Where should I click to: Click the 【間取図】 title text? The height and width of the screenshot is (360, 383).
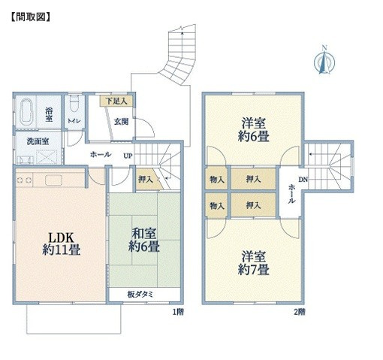29,14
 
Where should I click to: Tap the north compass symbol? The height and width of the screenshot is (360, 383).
324,62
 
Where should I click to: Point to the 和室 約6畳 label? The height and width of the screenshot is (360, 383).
143,240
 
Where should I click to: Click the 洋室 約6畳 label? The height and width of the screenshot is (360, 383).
254,129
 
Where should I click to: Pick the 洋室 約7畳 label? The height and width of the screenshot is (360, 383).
254,262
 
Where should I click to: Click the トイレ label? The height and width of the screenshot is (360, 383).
74,120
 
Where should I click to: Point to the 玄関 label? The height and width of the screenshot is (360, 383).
121,120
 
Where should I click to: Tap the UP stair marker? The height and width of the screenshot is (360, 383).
128,156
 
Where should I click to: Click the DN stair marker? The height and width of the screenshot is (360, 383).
303,180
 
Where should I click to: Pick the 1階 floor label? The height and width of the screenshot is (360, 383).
178,310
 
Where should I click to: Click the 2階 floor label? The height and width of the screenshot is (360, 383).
299,310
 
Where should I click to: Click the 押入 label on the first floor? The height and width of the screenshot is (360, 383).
145,180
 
